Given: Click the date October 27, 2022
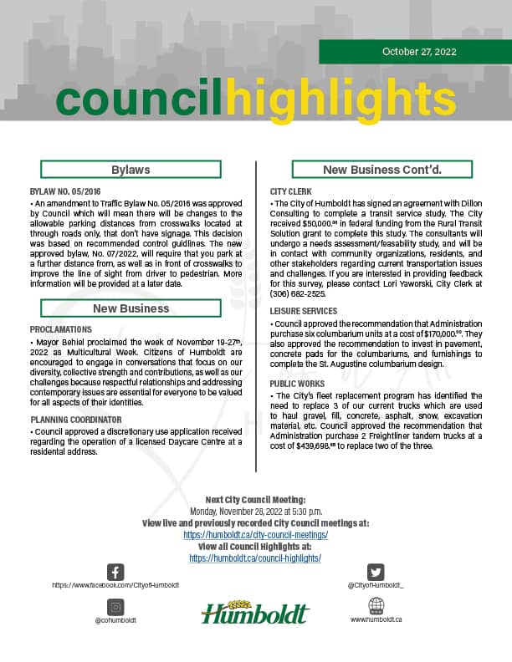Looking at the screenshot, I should (419, 52).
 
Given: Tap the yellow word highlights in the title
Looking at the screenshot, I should (340, 100).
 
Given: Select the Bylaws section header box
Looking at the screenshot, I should (131, 170).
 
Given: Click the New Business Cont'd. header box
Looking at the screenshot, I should (382, 170).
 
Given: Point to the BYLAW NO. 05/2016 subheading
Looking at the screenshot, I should (65, 192).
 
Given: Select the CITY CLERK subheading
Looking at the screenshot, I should (289, 192).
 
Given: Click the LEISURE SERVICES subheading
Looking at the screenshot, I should (305, 311).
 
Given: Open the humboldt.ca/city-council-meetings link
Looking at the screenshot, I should (256, 534).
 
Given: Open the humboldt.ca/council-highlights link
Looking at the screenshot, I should (256, 558).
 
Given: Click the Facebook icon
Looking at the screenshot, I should (115, 572).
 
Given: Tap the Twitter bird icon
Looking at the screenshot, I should (376, 572).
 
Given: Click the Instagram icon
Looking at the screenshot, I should (115, 606).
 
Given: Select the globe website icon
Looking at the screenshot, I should (376, 605).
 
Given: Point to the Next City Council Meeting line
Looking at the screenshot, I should (256, 499).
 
